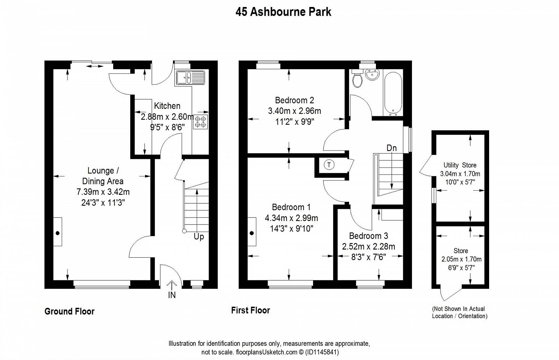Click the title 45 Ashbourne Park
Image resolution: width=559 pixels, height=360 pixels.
[283, 12]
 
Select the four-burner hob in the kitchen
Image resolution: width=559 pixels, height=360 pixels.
[201, 122]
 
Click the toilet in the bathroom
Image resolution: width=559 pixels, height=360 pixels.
[357, 78]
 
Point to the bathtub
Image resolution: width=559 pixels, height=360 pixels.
[393, 94]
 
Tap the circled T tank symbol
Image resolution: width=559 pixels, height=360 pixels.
[329, 165]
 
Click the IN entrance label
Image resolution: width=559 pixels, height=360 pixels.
[172, 295]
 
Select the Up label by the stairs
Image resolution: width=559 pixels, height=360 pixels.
[199, 236]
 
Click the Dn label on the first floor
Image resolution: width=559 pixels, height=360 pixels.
[392, 148]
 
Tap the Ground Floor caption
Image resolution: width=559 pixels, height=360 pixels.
[70, 311]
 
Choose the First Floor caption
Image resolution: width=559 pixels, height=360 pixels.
[251, 310]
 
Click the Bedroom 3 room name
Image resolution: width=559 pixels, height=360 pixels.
[368, 236]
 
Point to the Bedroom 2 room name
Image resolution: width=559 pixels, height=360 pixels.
[295, 100]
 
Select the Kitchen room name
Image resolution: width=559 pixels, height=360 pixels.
[167, 106]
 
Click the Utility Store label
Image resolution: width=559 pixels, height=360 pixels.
[460, 165]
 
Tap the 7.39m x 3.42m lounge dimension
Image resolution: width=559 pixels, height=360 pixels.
[103, 192]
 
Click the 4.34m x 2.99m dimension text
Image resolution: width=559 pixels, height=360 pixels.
[291, 218]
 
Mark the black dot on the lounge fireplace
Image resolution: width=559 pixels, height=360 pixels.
[58, 233]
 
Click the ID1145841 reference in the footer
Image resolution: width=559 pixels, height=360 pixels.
[322, 352]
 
